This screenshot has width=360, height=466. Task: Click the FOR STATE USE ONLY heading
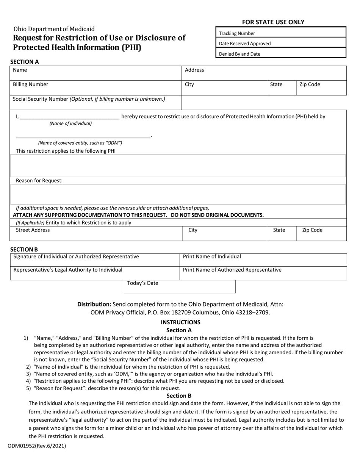pos(281,22)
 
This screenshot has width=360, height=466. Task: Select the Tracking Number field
pos(281,33)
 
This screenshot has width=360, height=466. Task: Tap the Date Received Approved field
pos(281,44)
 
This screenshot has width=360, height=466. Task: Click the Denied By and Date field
pos(281,54)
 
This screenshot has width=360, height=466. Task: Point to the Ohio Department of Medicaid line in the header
pos(54,29)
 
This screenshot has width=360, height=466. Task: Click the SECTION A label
pos(24,62)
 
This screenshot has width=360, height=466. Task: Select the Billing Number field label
pos(31,84)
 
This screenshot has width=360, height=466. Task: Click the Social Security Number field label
pos(89,99)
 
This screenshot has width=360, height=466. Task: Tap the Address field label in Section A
pos(194,70)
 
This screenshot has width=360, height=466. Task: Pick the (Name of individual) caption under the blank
pos(70,124)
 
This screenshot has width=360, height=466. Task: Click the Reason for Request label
pos(39,181)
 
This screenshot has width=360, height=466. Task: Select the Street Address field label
pos(33,230)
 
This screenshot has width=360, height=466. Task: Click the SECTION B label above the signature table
pos(24,249)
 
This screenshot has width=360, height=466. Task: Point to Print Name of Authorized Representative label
pos(232,270)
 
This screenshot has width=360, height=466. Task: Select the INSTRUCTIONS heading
pos(180,322)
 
